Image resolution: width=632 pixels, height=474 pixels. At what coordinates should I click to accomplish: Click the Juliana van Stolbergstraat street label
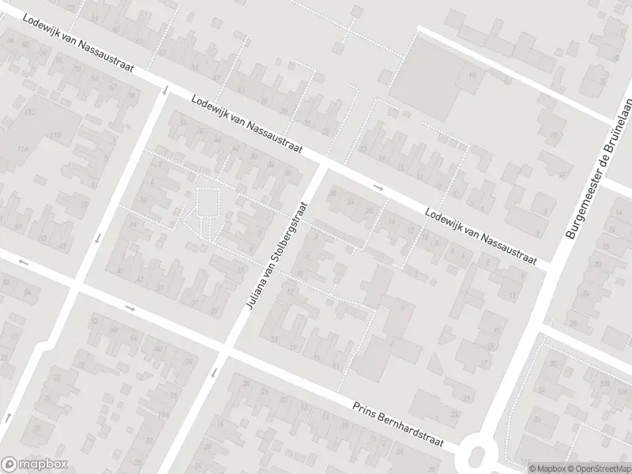tap(276, 254)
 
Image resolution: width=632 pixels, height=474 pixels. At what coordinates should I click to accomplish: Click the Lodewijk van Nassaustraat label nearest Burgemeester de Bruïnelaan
tap(480, 235)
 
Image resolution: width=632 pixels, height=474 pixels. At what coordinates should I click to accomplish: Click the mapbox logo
tap(35, 464)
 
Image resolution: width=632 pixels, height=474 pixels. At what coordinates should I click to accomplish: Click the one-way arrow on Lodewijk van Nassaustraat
tap(378, 188)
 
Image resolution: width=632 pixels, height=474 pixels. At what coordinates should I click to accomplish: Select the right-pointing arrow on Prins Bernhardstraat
tap(130, 308)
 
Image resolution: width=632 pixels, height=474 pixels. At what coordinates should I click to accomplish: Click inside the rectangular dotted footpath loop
tap(208, 201)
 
